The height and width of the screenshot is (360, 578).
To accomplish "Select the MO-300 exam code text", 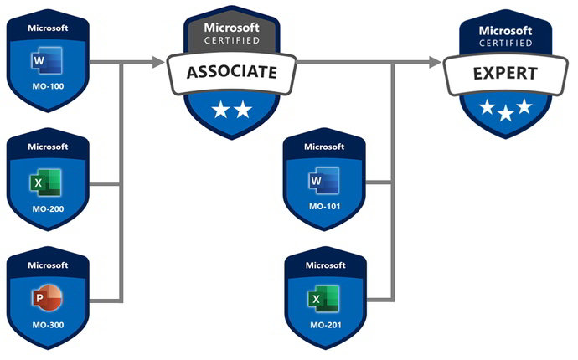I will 47,324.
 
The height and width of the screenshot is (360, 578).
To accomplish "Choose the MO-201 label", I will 324,324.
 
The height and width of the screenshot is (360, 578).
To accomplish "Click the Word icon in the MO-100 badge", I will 45,60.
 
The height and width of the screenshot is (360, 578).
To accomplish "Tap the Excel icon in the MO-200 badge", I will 45,182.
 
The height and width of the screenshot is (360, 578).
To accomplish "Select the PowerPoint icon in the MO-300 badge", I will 45,298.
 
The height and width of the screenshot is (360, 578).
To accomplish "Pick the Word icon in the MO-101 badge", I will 323,181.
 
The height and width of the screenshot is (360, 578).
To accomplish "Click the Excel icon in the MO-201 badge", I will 323,298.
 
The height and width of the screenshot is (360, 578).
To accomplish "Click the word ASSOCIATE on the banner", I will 231,72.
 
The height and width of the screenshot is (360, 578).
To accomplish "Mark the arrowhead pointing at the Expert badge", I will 434,62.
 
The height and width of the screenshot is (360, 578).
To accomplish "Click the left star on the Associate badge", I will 219,111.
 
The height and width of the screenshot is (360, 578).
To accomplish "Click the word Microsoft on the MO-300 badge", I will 47,265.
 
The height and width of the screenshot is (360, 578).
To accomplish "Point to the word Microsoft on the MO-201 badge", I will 324,265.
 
